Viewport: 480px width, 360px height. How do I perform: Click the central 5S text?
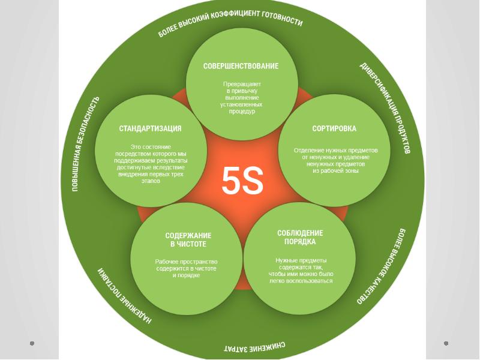click(242, 181)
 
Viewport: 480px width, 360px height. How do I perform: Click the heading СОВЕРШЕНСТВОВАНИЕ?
click(241, 66)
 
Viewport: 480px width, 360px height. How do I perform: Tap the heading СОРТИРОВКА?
click(334, 128)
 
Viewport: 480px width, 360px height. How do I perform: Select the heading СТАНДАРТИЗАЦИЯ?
click(150, 128)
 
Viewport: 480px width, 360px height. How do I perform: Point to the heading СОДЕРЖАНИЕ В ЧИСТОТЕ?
click(188, 240)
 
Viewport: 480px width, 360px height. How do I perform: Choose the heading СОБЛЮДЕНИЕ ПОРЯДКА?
click(300, 238)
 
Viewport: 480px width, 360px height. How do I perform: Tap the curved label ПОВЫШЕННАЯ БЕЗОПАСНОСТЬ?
click(85, 144)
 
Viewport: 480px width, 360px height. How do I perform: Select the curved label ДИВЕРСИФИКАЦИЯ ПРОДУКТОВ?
click(385, 107)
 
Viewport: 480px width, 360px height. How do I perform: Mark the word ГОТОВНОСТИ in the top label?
click(282, 19)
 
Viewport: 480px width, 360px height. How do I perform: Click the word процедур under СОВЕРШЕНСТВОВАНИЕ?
click(242, 112)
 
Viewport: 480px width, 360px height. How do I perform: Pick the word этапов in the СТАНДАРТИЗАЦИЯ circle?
click(151, 181)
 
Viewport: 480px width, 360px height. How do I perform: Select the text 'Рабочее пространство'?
click(186, 262)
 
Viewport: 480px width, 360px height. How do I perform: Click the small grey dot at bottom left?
click(32, 343)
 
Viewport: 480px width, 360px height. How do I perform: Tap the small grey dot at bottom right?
click(446, 343)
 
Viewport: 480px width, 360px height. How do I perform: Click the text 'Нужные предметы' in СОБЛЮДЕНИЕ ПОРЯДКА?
click(301, 260)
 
